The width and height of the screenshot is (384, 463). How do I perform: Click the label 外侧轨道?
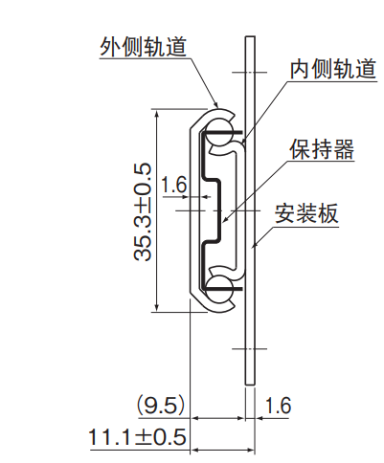pyautogui.click(x=143, y=47)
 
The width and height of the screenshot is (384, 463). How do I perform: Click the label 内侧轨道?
pyautogui.click(x=333, y=69)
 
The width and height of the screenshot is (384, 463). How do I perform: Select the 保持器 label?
pyautogui.click(x=322, y=149)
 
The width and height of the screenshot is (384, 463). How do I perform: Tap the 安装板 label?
pyautogui.click(x=306, y=213)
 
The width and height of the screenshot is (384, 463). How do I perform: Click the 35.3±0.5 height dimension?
pyautogui.click(x=143, y=212)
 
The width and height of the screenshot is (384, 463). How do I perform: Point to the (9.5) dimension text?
pyautogui.click(x=161, y=406)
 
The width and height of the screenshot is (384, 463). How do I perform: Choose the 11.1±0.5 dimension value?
pyautogui.click(x=137, y=437)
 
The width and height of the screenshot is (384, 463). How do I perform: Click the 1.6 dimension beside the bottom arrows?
pyautogui.click(x=278, y=406)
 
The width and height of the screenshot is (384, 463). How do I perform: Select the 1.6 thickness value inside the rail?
pyautogui.click(x=173, y=185)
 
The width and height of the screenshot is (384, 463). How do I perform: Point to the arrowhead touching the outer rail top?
pyautogui.click(x=215, y=103)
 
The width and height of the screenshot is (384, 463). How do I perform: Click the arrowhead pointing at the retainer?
pyautogui.click(x=225, y=219)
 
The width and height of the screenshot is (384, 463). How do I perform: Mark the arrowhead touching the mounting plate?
pyautogui.click(x=254, y=244)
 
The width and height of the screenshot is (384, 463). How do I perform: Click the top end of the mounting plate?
pyautogui.click(x=250, y=36)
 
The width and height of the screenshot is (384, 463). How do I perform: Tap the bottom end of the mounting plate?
pyautogui.click(x=250, y=385)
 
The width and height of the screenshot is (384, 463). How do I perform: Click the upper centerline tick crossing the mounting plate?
pyautogui.click(x=249, y=73)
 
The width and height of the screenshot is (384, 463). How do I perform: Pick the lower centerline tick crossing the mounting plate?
pyautogui.click(x=249, y=348)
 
